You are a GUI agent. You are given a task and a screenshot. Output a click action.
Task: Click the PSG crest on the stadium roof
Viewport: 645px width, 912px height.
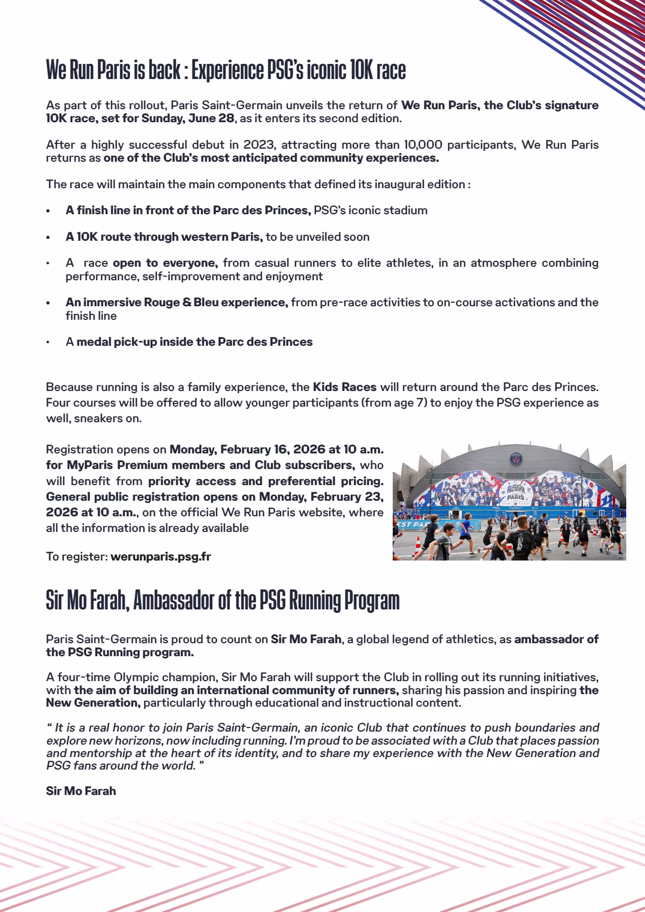515,459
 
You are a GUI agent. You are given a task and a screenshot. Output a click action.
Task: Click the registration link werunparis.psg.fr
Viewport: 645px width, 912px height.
161,556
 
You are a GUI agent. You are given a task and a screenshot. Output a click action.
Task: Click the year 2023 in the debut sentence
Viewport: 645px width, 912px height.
259,145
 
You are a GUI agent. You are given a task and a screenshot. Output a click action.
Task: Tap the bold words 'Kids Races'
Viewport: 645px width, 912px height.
344,387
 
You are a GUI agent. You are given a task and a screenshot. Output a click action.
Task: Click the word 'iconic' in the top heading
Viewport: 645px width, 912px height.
327,70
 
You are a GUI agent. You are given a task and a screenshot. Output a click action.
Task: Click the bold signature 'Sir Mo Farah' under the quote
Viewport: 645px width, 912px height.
81,791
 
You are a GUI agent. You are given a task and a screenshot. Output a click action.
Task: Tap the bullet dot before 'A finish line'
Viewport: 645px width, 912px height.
48,211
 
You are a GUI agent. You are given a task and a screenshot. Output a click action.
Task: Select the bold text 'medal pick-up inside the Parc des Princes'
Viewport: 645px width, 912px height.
195,342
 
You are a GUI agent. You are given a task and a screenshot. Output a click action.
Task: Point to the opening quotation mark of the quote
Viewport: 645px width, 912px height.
49,727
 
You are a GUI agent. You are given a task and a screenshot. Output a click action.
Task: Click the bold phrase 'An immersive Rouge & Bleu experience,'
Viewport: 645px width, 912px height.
176,302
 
